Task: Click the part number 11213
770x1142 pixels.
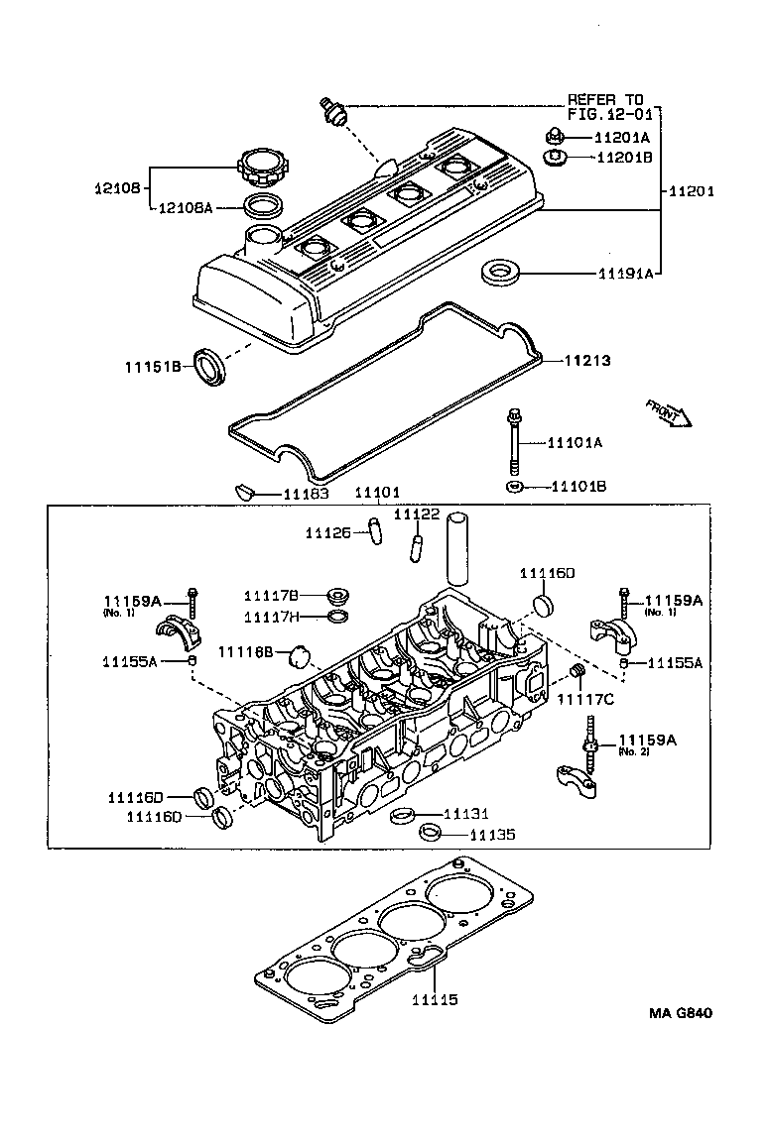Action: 587,361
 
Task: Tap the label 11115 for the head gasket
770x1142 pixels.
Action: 435,1000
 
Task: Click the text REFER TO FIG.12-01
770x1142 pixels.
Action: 605,107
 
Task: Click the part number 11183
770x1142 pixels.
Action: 308,493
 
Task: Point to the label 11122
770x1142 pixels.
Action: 417,514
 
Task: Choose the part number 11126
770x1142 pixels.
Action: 328,533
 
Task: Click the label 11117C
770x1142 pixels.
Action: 585,701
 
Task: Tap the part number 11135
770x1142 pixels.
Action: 492,836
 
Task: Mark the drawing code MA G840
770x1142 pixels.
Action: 681,1013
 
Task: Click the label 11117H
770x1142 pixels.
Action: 272,617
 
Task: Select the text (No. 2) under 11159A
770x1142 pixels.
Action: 631,752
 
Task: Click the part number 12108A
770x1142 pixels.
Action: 190,208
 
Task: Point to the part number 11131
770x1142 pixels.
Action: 465,814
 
